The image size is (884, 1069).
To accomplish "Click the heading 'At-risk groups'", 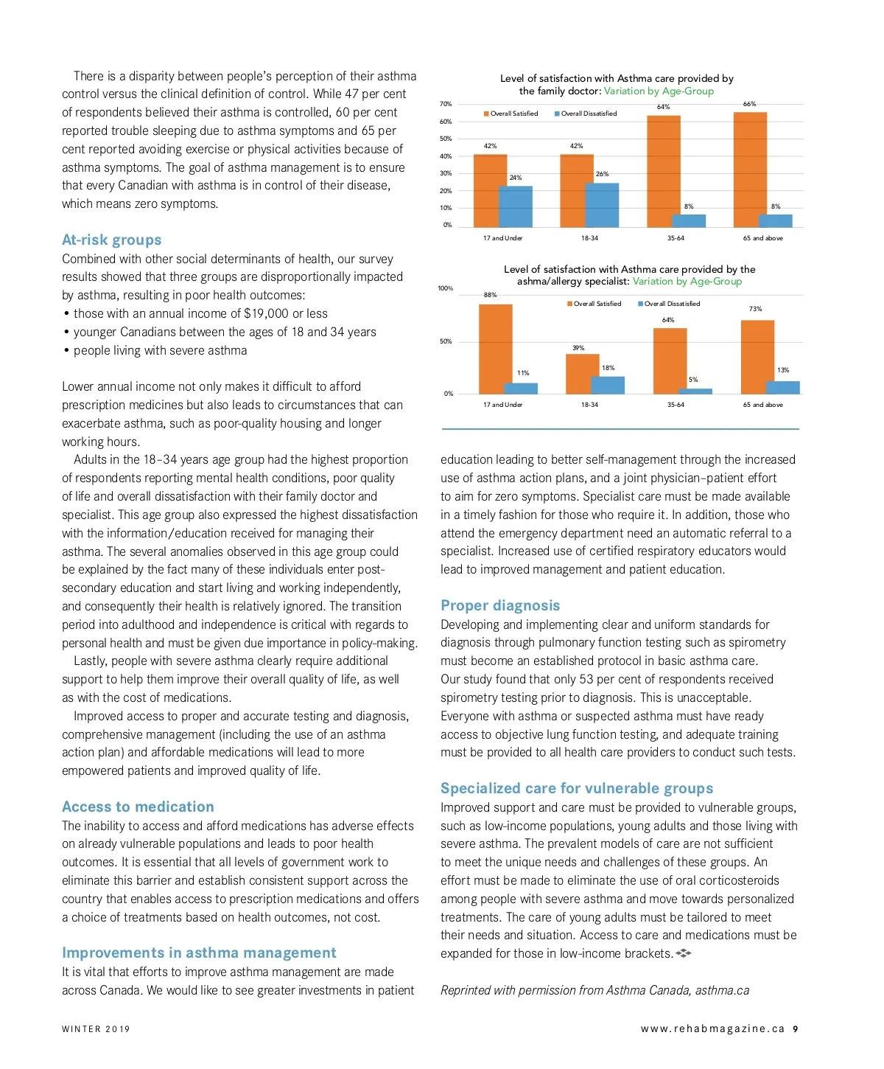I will (111, 240).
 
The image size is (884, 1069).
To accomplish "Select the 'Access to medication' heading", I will (138, 807).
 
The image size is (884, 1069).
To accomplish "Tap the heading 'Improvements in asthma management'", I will (199, 953).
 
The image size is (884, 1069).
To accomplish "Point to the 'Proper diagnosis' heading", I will (500, 605).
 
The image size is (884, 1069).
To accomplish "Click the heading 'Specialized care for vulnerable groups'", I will (577, 788).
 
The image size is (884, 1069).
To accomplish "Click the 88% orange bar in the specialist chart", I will (495, 349).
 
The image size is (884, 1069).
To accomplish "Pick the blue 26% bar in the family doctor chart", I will (602, 204).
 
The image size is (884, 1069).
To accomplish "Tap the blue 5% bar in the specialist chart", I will (695, 391).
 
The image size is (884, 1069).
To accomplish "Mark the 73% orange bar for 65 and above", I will (757, 357).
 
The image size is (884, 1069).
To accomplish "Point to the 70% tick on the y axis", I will (446, 104).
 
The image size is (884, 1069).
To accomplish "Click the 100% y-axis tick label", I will (446, 288).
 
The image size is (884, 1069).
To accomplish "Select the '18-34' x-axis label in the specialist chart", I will (589, 405).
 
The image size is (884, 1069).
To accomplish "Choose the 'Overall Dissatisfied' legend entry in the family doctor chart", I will (586, 114).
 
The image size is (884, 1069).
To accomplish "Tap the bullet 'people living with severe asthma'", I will (160, 350).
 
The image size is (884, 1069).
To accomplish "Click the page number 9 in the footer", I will (796, 1029).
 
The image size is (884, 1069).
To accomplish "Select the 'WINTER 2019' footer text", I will (96, 1029).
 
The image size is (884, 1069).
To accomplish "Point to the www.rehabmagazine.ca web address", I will (712, 1029).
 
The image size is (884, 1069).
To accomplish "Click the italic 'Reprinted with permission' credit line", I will (594, 990).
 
